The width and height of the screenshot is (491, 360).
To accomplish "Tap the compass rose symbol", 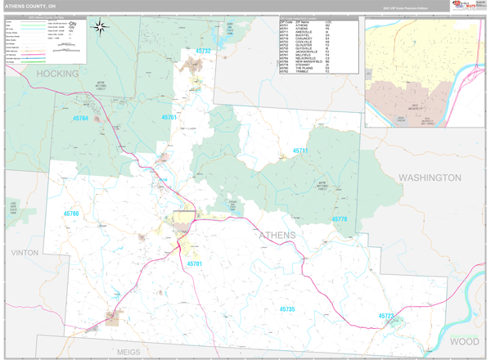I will [100, 28].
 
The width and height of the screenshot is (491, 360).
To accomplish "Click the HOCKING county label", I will [57, 74].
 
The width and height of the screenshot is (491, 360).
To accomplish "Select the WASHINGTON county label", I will [430, 178].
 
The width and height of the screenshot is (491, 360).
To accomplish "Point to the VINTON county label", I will [25, 253].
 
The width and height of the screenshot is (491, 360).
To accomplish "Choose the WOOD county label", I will [465, 340].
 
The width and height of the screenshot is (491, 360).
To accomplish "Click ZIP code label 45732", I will [203, 52].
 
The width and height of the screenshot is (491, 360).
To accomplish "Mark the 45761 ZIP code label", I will [169, 118].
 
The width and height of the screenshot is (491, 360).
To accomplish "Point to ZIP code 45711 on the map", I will [301, 151].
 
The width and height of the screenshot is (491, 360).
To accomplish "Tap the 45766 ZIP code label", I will [71, 214].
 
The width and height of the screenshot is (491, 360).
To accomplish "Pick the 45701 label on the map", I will [195, 264].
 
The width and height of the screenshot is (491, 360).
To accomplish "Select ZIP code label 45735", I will [286, 309].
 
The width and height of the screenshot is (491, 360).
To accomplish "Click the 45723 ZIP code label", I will [386, 316].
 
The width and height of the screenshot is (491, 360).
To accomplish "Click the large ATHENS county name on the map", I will [278, 236].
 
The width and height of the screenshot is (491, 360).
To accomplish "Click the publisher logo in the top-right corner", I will [467, 6].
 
